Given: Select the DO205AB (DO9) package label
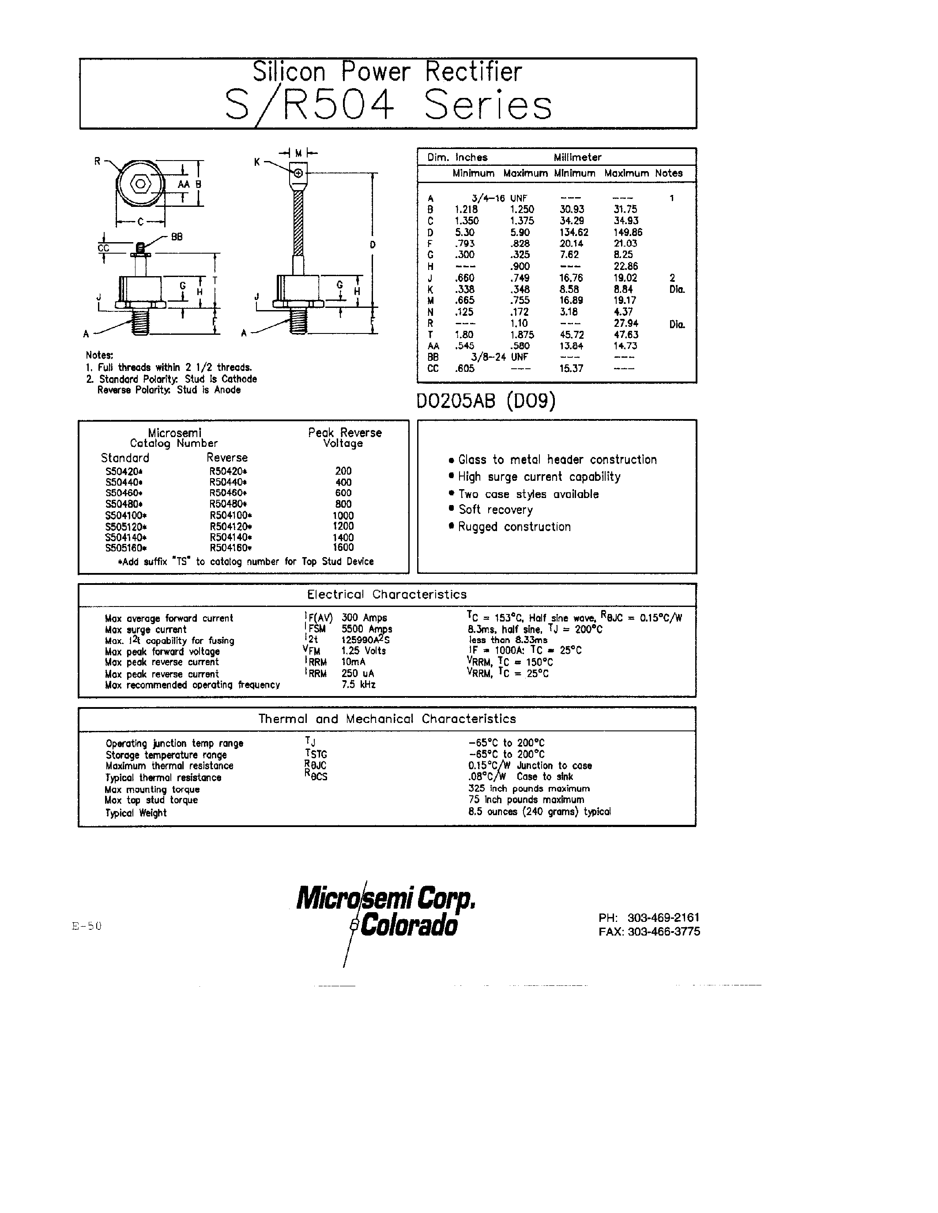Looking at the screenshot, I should [x=486, y=401].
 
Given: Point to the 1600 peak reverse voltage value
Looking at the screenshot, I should [x=343, y=547].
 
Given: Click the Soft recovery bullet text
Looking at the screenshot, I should [x=495, y=510].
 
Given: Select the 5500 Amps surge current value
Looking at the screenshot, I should [x=367, y=629].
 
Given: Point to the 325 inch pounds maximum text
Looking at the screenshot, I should [x=529, y=789].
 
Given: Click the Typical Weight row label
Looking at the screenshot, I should [x=136, y=813].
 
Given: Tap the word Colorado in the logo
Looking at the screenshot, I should [x=409, y=926].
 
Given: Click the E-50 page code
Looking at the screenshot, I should [x=87, y=926].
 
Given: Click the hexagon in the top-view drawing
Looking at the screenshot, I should [x=140, y=184].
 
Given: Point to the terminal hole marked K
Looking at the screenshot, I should [x=298, y=173].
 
